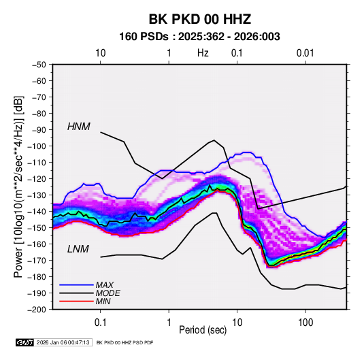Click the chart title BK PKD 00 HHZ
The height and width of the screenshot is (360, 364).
coord(199,19)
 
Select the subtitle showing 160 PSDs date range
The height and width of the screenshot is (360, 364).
coord(199,37)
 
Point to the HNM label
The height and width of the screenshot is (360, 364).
coord(79,127)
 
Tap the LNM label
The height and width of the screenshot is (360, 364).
coord(78,249)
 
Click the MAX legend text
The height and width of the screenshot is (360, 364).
coord(105,285)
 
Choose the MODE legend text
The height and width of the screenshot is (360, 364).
coord(107,293)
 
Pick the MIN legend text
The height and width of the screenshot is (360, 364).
coord(103,301)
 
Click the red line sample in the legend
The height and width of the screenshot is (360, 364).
coord(76,301)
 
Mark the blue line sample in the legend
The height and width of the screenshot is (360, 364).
coord(76,285)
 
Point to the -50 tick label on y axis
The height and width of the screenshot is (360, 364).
coord(39,65)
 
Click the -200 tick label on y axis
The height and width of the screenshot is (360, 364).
coord(37,310)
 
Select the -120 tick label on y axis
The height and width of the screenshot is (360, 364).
coord(37,179)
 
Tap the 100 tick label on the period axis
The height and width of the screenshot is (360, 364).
coord(305,323)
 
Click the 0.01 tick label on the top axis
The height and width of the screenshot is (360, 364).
coord(305,53)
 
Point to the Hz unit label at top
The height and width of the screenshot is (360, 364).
coord(203,53)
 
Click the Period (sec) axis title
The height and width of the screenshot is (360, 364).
coord(203,330)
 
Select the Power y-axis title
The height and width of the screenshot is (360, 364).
coord(18,186)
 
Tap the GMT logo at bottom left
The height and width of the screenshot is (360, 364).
coord(24,342)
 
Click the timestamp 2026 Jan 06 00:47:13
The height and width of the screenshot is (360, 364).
coord(63,342)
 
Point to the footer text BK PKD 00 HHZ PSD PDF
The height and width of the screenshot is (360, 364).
coord(125,342)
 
